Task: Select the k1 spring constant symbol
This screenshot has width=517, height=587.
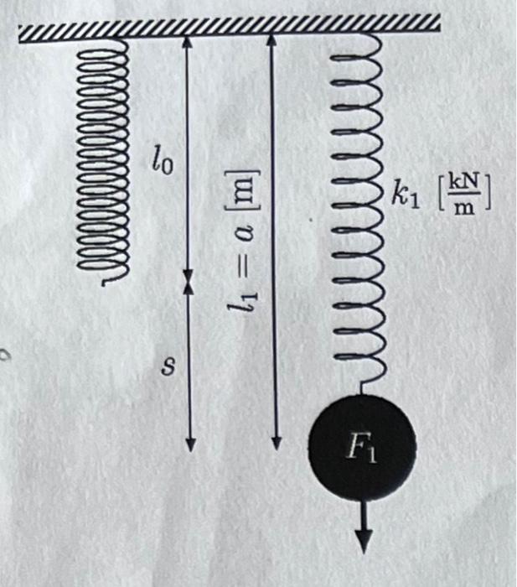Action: coord(402,199)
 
